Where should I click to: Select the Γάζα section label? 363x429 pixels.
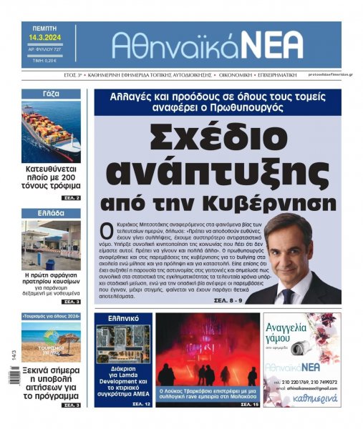50,94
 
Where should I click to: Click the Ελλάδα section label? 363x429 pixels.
50,213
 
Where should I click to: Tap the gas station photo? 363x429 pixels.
50,245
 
